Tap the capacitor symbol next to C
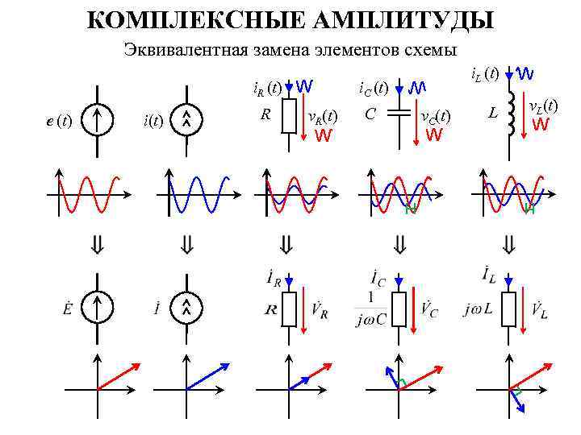pyautogui.click(x=399, y=114)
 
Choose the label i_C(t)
pyautogui.click(x=374, y=86)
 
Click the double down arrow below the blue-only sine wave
pyautogui.click(x=187, y=243)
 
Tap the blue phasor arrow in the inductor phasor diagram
pyautogui.click(x=517, y=400)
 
